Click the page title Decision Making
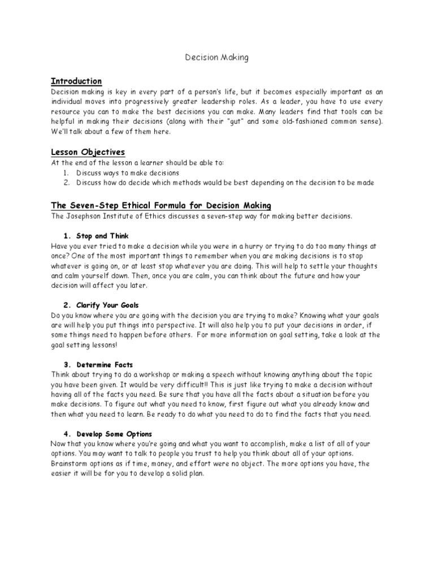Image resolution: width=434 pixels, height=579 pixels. tap(216, 57)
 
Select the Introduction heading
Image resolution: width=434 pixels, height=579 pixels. tap(76, 81)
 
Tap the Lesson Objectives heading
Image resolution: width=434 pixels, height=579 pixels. tap(88, 152)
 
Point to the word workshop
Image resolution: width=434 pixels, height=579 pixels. tap(152, 375)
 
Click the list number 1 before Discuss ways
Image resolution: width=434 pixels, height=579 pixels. tap(66, 172)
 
